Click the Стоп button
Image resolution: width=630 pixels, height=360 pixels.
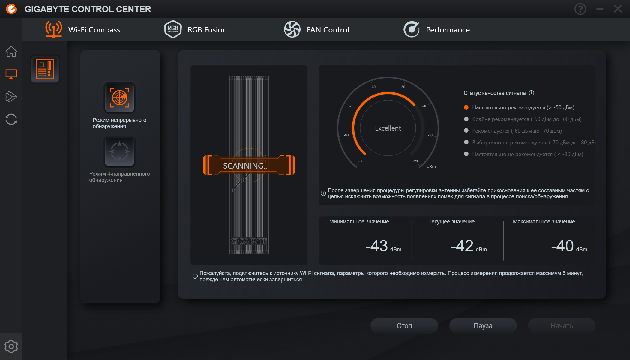tap(404, 326)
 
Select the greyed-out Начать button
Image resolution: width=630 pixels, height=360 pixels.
tap(562, 326)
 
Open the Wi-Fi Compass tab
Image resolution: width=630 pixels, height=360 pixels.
tap(83, 29)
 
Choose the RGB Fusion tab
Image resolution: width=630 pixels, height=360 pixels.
tap(195, 29)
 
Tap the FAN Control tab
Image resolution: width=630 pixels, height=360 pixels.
tap(316, 29)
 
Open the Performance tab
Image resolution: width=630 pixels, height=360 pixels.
tap(436, 29)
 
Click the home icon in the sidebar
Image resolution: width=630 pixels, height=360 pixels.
tap(11, 52)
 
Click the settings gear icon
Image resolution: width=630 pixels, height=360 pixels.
tap(11, 346)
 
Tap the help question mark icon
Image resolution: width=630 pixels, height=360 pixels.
tap(580, 9)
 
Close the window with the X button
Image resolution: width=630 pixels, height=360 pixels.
tap(618, 9)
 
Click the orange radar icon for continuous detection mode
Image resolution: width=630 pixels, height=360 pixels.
tap(119, 97)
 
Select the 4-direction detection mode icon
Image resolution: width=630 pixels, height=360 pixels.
tap(119, 151)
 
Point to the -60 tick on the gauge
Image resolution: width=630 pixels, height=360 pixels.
tap(373, 87)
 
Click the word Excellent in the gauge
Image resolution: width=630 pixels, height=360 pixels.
tap(388, 128)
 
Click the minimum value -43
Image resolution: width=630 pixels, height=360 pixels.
tap(376, 246)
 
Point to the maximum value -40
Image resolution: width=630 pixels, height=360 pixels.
tap(562, 246)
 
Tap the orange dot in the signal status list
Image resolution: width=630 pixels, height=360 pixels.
tap(466, 107)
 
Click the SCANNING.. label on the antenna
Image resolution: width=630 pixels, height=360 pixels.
tap(245, 166)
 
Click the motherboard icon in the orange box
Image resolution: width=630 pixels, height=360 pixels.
tap(45, 69)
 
